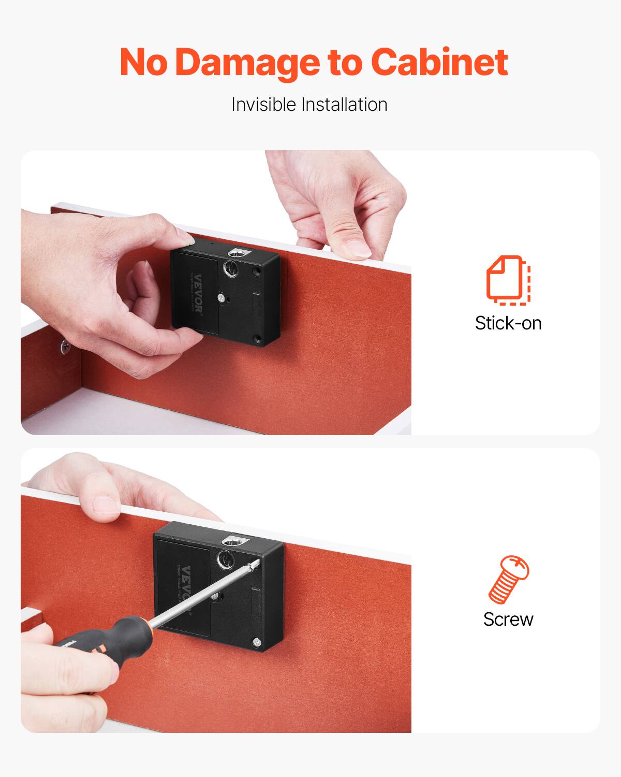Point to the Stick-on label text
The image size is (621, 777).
pyautogui.click(x=508, y=323)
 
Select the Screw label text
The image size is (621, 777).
pyautogui.click(x=508, y=619)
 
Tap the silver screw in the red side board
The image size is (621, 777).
pyautogui.click(x=65, y=346)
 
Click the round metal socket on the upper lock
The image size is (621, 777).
pyautogui.click(x=230, y=269)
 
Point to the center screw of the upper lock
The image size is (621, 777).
pyautogui.click(x=221, y=298)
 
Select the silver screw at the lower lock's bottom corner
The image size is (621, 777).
pyautogui.click(x=256, y=642)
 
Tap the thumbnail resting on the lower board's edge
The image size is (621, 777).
pyautogui.click(x=107, y=504)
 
